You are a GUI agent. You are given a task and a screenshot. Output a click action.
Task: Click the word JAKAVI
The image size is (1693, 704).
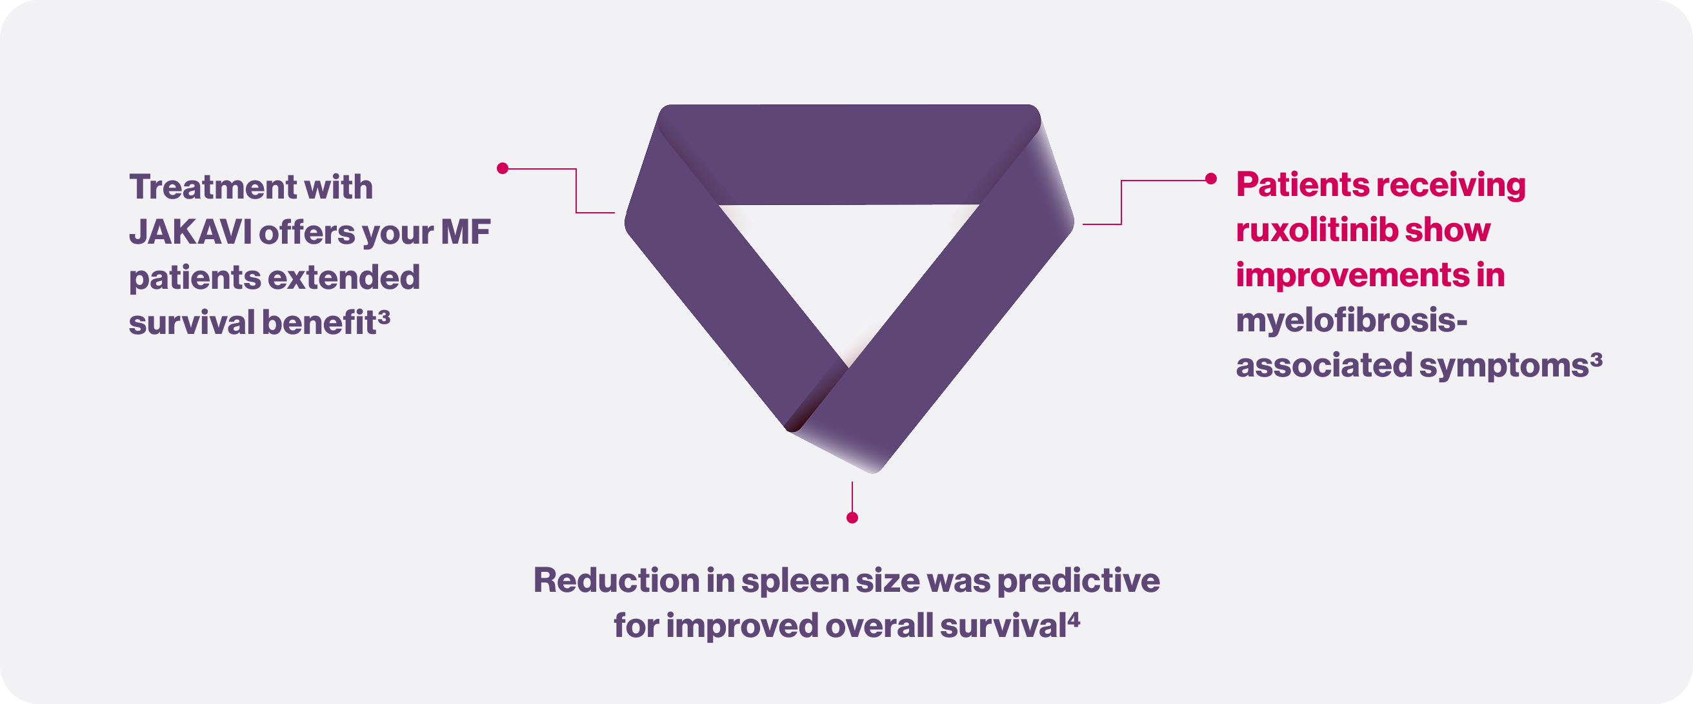click(x=190, y=233)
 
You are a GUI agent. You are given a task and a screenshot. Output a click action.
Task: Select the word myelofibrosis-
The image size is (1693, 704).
click(x=1352, y=320)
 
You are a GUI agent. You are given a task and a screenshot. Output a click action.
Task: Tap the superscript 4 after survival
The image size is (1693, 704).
click(x=1073, y=620)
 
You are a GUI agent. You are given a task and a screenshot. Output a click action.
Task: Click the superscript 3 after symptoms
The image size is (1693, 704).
click(x=1596, y=360)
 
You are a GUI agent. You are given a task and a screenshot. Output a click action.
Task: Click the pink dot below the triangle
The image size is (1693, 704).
click(x=852, y=518)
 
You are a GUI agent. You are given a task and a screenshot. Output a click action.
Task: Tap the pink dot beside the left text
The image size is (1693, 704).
click(x=503, y=169)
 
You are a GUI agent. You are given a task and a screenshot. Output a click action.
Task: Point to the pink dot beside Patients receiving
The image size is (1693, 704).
click(x=1210, y=179)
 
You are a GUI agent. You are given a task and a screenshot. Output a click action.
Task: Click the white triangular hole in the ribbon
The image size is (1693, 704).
click(x=849, y=262)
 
